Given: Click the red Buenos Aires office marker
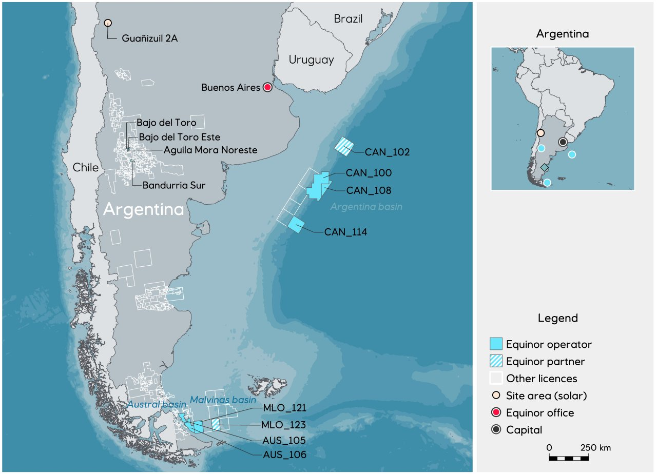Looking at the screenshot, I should click(x=267, y=87).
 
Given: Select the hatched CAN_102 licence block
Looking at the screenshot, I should click(x=344, y=146).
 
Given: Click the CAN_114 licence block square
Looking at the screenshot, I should click(x=296, y=225).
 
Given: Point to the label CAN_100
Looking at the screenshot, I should click(x=369, y=173).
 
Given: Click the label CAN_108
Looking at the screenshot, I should click(x=369, y=190).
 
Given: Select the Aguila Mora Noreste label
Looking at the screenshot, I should click(x=210, y=150).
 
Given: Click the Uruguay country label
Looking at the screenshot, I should click(x=311, y=60).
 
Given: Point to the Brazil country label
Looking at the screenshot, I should click(x=348, y=19).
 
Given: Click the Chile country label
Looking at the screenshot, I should click(x=85, y=168).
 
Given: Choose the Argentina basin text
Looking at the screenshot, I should click(x=366, y=207).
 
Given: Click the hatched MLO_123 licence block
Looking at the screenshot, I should click(x=216, y=424).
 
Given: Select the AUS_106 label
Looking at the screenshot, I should click(x=284, y=455).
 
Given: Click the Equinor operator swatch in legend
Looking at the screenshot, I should click(x=496, y=344).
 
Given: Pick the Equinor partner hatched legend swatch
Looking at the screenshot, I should click(x=496, y=362).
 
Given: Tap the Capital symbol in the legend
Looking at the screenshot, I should click(x=496, y=430).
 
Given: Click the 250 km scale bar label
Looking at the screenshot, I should click(x=595, y=447).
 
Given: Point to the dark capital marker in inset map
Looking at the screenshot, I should click(x=563, y=142).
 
